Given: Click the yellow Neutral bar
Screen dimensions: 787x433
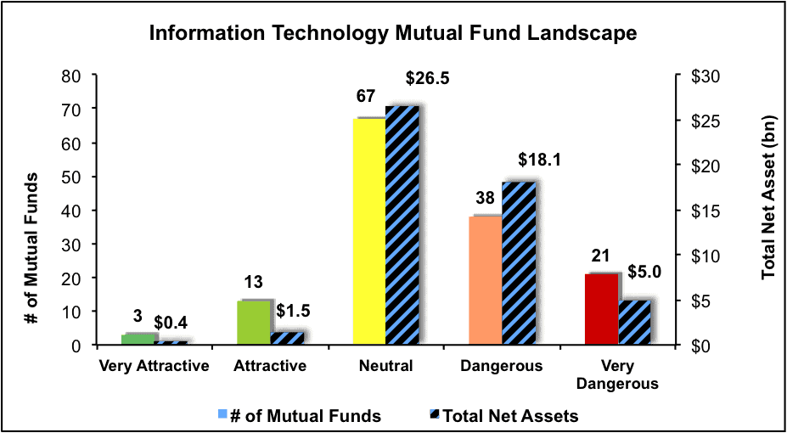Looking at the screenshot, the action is [369, 232].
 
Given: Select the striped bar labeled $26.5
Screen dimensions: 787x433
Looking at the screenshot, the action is [402, 226].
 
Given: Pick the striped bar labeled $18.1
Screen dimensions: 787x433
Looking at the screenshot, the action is [519, 263].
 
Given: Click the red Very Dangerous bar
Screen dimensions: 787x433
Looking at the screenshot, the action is [602, 310].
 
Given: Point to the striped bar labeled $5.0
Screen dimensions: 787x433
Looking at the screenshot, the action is [634, 323].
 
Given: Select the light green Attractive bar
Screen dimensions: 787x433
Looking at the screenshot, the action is [254, 323].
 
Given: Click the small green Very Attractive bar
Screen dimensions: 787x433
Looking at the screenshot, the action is [138, 340].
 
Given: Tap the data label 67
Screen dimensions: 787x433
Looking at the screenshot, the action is [365, 96].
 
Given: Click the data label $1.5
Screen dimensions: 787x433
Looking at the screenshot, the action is [292, 312].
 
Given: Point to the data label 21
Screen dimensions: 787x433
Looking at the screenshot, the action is [599, 256].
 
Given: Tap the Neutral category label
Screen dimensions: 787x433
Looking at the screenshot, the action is [386, 366].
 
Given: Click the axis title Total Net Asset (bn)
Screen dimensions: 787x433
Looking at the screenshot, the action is [769, 209].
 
